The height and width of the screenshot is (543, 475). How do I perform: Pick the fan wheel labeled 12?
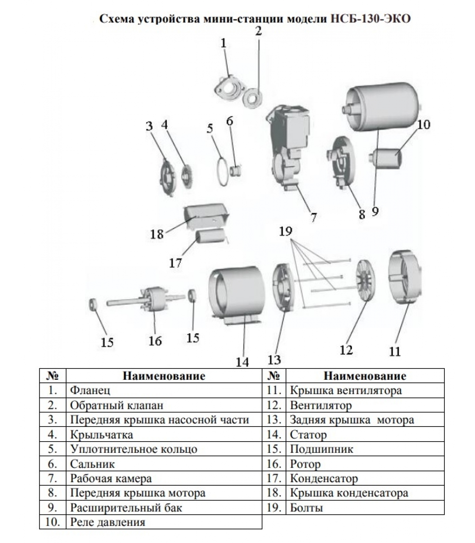click(365, 281)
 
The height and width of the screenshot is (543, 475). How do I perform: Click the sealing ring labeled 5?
click(223, 171)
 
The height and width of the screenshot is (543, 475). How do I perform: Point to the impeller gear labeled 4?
click(186, 175)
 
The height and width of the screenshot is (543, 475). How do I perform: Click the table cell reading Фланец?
click(90, 390)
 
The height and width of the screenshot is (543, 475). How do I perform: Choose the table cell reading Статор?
click(308, 434)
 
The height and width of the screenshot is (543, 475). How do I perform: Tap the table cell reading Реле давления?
click(108, 522)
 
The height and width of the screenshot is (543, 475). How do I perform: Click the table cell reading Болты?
click(306, 508)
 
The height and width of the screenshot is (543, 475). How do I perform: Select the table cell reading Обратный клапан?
click(116, 405)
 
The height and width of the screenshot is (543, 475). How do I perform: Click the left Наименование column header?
click(164, 376)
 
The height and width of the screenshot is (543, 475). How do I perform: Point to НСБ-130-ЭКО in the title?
click(370, 18)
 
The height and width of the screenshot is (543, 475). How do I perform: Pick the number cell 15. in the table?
click(274, 449)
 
